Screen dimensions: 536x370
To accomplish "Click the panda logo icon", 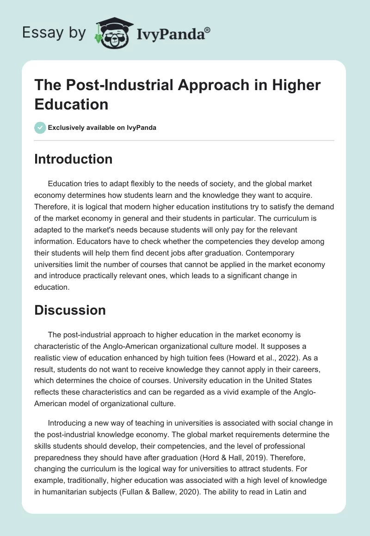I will coord(111,33).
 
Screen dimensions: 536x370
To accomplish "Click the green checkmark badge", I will coord(40,128).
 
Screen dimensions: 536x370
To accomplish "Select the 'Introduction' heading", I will coord(73,159).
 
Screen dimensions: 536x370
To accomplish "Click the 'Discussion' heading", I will coord(70,310).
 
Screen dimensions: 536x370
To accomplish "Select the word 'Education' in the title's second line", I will coord(71,104).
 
